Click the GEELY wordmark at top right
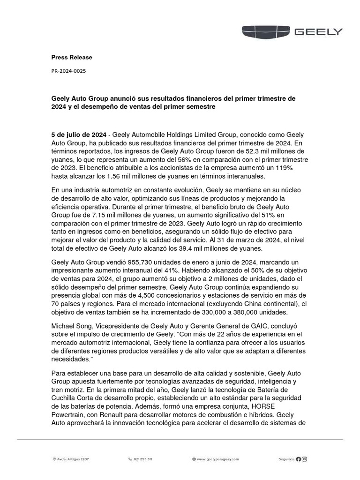(318, 32)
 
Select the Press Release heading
(72, 57)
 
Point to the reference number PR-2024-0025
(68, 71)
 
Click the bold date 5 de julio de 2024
(78, 134)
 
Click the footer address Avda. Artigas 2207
(72, 459)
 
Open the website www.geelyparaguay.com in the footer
(217, 459)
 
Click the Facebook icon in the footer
(299, 459)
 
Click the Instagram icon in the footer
(305, 459)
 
